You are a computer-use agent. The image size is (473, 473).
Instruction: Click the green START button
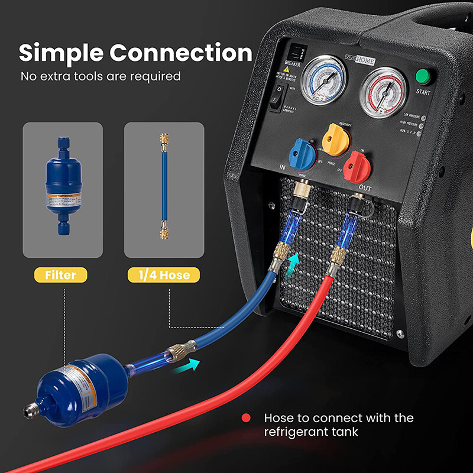tap(422, 77)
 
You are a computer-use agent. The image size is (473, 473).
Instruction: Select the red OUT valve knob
tap(357, 162)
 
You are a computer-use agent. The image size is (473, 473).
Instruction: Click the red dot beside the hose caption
tap(246, 418)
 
